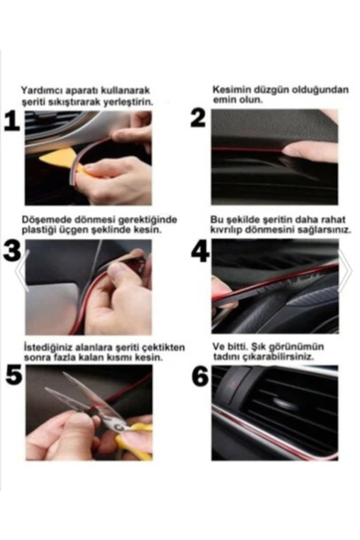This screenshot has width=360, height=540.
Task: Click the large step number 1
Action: (12, 121)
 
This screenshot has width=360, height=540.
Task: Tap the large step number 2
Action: (199, 119)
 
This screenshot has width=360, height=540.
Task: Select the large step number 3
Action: (12, 250)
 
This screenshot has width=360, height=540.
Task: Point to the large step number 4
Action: (200, 251)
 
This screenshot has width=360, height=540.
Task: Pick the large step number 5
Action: (14, 376)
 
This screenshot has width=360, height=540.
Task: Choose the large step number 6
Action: (200, 376)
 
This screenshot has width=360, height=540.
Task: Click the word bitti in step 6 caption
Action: (238, 346)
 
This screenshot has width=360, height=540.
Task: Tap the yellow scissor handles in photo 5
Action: (135, 441)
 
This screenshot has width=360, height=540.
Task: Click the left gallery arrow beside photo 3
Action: (21, 271)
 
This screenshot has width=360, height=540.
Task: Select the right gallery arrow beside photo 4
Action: (345, 271)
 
